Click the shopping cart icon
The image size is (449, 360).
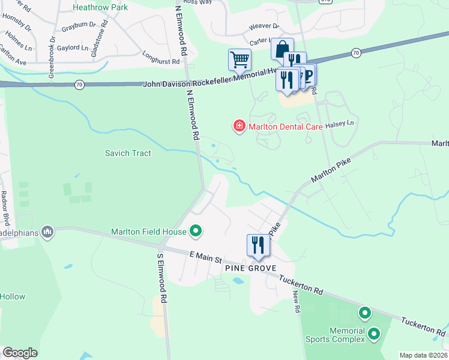(240, 59)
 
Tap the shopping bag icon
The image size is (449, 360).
(282, 49)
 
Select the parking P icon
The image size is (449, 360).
(309, 74)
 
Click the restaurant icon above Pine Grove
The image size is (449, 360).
(258, 245)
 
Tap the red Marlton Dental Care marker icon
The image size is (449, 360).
(239, 126)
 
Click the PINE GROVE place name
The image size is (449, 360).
(250, 268)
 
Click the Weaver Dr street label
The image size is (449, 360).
(264, 26)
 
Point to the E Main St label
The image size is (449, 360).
(206, 257)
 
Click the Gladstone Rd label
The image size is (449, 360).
(100, 40)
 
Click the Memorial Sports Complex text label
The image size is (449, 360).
(347, 335)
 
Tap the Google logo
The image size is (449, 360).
(20, 353)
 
